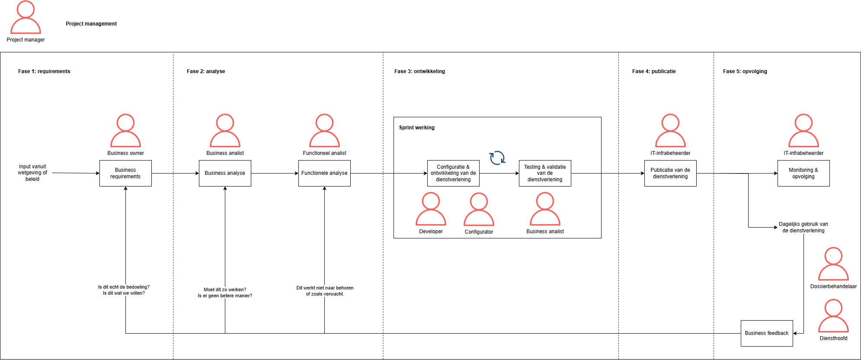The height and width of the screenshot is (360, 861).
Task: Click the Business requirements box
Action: click(x=125, y=173)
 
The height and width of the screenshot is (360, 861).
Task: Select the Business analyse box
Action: click(x=225, y=173)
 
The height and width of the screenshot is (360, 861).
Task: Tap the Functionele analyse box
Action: click(x=324, y=173)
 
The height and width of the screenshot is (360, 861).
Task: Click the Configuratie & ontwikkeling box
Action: click(x=453, y=173)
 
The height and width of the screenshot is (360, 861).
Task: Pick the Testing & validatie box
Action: click(x=545, y=173)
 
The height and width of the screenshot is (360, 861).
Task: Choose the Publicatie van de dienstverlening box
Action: click(x=670, y=173)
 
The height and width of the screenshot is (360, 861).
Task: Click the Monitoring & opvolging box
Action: click(x=803, y=173)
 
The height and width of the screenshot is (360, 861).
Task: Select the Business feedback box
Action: click(x=767, y=333)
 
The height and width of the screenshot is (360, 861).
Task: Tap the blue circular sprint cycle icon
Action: click(x=497, y=157)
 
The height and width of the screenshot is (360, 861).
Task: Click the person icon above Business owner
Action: click(x=125, y=131)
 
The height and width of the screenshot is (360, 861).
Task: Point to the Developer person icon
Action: click(x=431, y=209)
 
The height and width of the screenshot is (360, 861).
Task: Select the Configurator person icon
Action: click(x=479, y=209)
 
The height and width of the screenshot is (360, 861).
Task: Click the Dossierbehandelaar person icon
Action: click(x=833, y=264)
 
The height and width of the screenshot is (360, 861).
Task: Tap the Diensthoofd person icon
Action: click(x=833, y=316)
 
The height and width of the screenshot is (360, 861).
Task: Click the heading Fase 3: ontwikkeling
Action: click(x=419, y=71)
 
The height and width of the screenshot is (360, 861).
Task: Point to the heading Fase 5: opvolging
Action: click(x=745, y=71)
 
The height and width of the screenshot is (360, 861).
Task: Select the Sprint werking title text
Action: click(x=416, y=128)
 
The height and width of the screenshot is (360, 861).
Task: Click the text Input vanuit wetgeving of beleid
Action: click(x=32, y=173)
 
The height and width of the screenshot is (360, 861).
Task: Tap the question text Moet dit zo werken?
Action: click(x=225, y=289)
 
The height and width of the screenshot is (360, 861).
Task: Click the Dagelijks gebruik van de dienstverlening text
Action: click(x=803, y=227)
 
